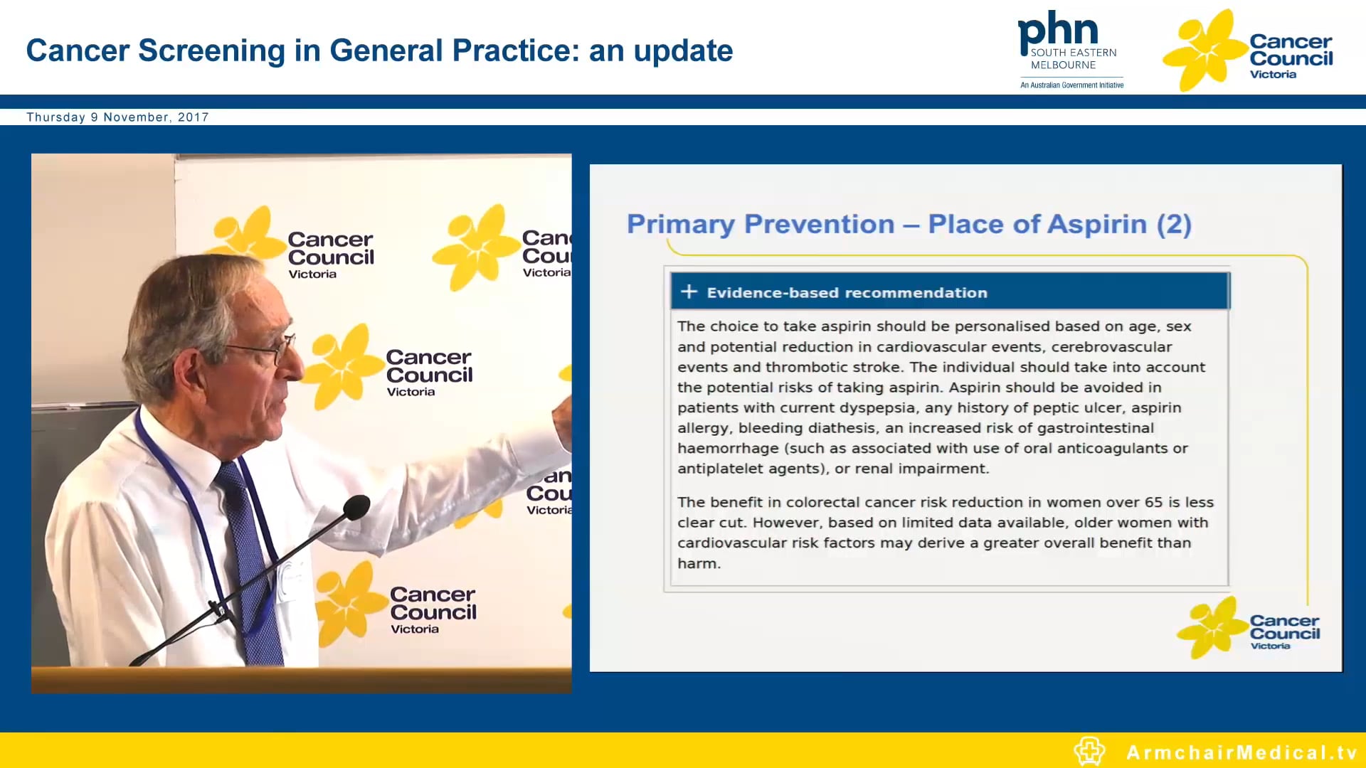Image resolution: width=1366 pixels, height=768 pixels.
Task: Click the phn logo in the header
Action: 1058,32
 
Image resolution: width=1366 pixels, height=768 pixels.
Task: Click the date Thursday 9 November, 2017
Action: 117,117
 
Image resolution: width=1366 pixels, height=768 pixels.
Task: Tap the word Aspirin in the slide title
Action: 1108,224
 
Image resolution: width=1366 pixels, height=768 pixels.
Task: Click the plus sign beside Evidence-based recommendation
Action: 688,292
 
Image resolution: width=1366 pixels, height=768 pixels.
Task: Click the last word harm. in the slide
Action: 699,563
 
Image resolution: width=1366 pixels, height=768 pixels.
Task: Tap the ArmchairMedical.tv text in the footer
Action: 1241,752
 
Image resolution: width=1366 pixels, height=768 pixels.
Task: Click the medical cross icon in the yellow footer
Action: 1089,751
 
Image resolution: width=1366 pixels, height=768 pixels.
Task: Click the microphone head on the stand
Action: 356,507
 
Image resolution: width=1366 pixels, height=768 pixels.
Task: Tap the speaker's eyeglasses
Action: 274,349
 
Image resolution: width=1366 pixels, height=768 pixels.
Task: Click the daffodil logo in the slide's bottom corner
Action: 1212,627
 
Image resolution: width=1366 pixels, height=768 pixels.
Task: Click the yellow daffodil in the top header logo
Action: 1204,50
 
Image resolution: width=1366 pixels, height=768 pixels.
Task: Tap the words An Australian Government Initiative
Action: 1071,85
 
